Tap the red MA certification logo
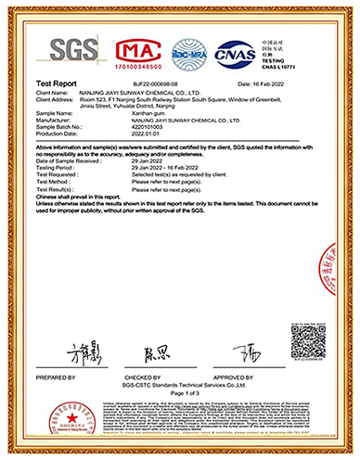(138, 54)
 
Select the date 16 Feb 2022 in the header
(298, 83)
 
